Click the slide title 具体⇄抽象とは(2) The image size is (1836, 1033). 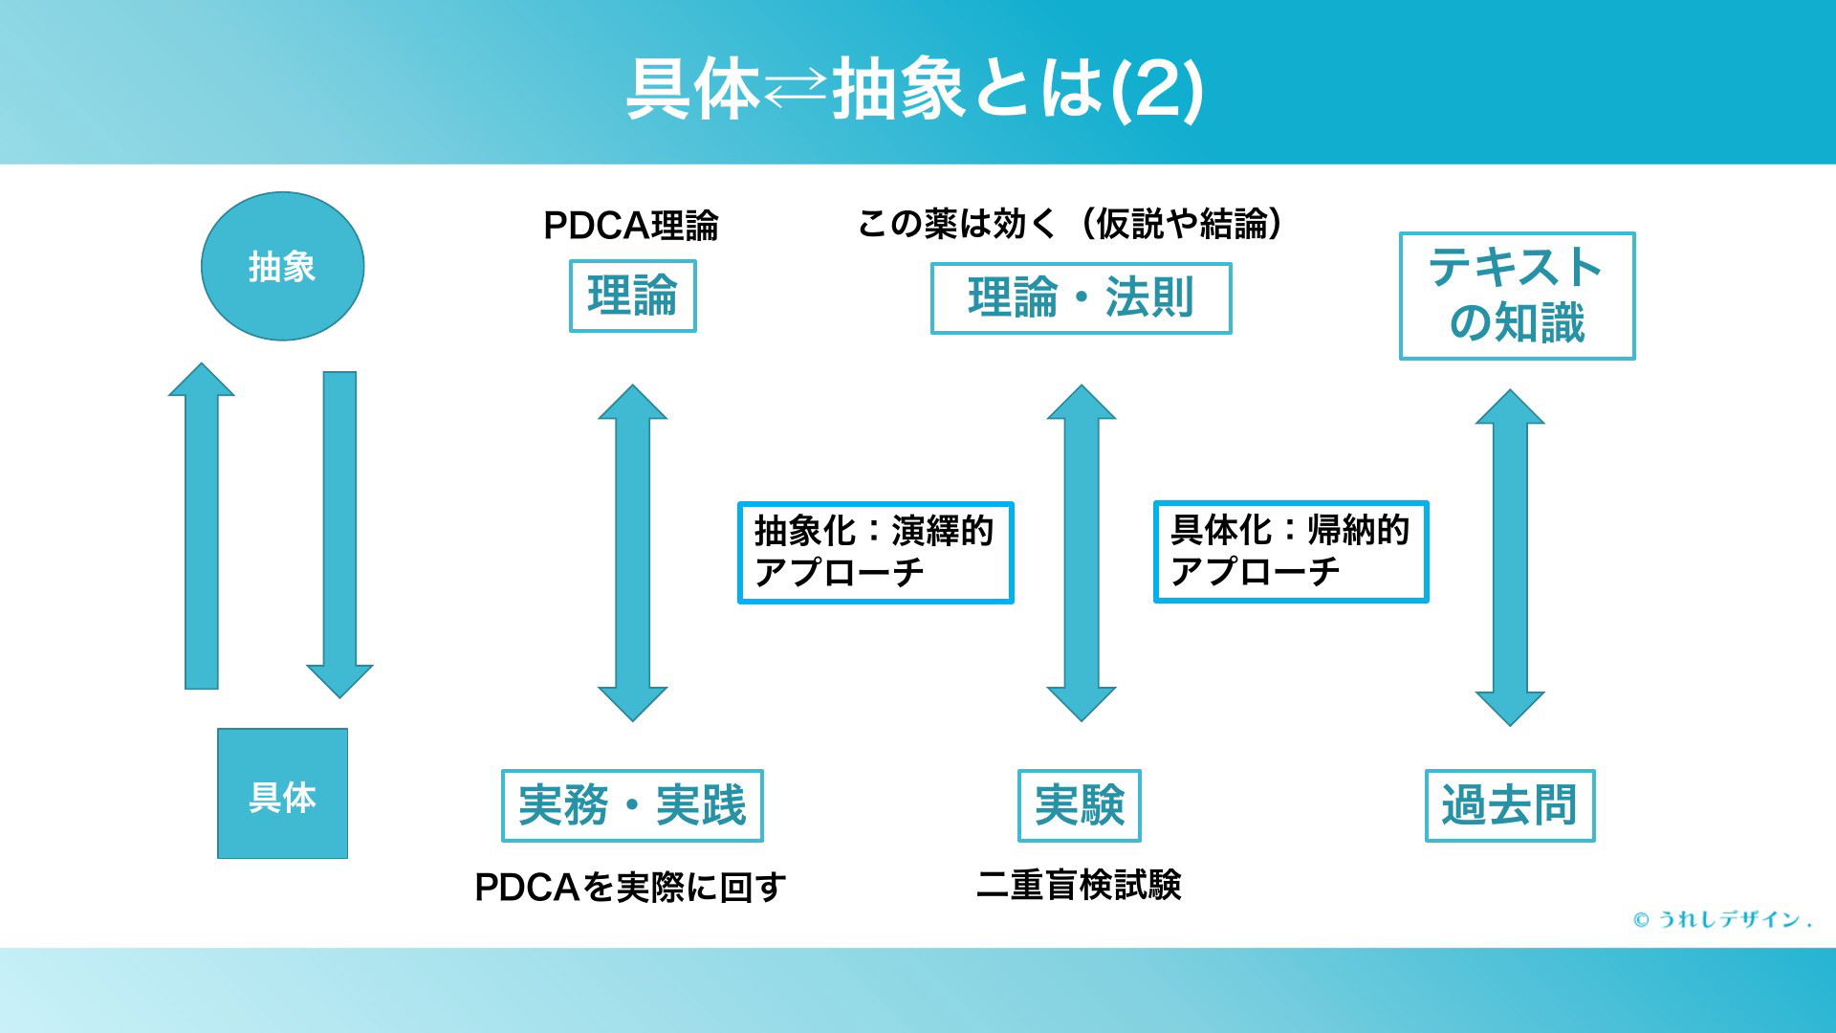(x=914, y=89)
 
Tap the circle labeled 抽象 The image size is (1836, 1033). (x=282, y=266)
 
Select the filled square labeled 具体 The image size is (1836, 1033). (x=282, y=794)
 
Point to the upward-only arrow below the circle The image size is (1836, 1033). (x=201, y=526)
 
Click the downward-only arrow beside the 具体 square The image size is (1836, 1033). (x=339, y=535)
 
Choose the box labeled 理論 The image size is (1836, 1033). (x=632, y=296)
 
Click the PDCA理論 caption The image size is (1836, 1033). (x=631, y=226)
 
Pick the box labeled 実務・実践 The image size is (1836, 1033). (x=632, y=805)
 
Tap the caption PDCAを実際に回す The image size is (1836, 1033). (x=630, y=888)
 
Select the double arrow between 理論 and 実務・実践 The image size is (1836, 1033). (x=632, y=553)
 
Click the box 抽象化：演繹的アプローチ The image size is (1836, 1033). (x=875, y=553)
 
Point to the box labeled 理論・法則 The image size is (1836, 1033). (x=1081, y=297)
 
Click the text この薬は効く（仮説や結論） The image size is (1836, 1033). (x=1070, y=224)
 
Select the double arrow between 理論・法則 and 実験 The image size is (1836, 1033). (x=1082, y=553)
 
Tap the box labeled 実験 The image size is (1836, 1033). (x=1080, y=805)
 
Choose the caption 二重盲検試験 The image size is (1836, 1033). (x=1079, y=885)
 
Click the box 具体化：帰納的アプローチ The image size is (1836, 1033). (x=1291, y=552)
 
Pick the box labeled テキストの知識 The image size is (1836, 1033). (x=1517, y=296)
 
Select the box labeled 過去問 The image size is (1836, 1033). (x=1510, y=805)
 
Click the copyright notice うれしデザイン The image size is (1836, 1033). (x=1722, y=919)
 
